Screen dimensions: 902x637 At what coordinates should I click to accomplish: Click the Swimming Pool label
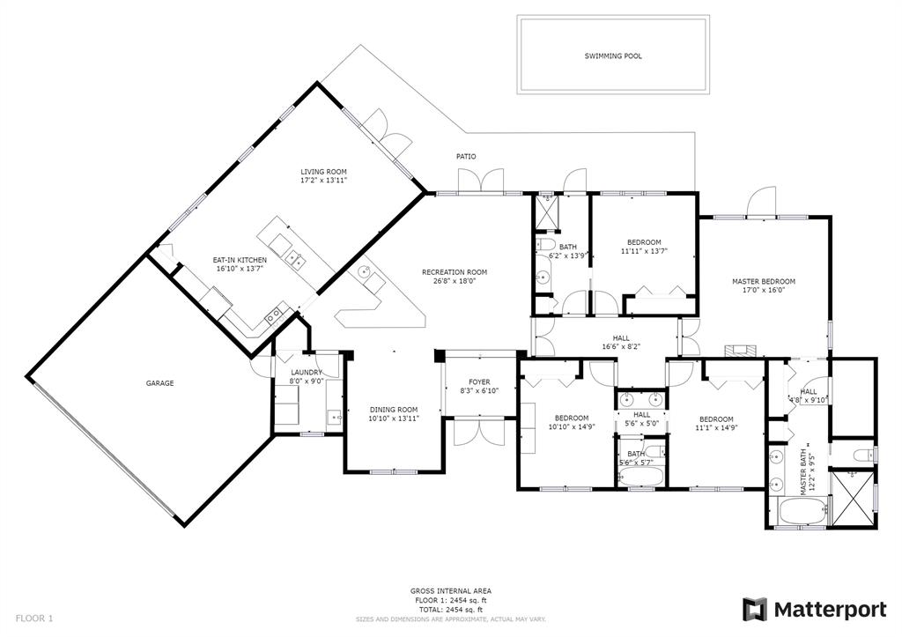point(613,56)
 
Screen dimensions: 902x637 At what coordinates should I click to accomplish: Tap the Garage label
point(159,383)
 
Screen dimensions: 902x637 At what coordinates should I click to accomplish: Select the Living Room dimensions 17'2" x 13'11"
point(324,180)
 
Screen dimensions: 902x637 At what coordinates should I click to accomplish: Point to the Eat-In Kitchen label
point(240,260)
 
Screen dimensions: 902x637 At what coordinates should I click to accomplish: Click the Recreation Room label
point(455,272)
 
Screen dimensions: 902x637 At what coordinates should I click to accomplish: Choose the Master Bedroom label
point(764,281)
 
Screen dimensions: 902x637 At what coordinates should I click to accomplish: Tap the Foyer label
point(479,382)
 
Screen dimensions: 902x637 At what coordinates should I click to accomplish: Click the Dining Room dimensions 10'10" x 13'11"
point(394,418)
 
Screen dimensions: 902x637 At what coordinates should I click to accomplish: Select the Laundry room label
point(307,373)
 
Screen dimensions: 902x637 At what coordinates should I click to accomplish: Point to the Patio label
point(466,157)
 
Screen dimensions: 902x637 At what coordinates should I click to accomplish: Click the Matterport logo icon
point(755,610)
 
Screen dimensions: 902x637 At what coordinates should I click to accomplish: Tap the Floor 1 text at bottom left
point(34,618)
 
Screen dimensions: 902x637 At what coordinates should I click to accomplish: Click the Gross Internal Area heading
point(450,591)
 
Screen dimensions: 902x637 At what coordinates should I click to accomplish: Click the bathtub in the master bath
point(802,512)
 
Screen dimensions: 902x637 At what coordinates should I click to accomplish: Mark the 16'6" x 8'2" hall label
point(621,347)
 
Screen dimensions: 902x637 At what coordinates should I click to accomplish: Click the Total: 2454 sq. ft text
point(450,610)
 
